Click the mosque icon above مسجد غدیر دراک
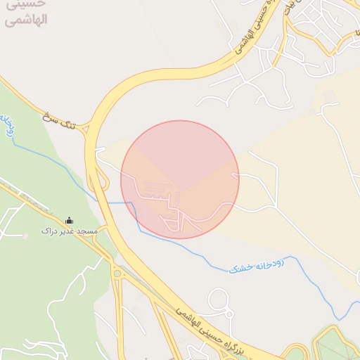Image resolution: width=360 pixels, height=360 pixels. (69, 221)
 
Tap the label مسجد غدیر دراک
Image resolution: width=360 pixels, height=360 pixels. (69, 231)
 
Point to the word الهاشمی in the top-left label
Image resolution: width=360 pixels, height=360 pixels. (25, 19)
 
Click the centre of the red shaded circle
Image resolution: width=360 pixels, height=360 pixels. (180, 179)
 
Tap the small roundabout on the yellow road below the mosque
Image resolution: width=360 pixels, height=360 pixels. (117, 274)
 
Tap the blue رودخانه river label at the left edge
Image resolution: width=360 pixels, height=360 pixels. (6, 125)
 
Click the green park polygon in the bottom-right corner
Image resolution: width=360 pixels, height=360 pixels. (336, 345)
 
